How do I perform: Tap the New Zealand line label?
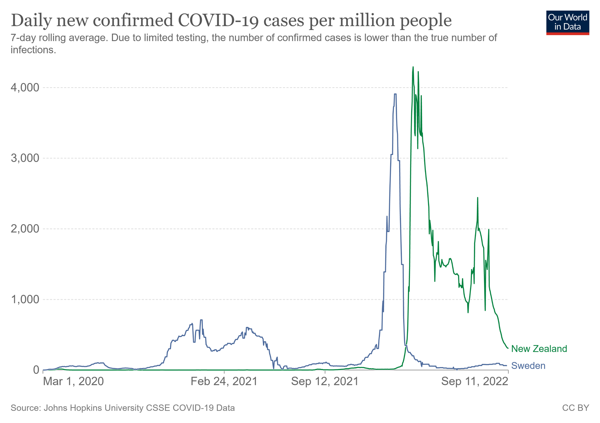(x=539, y=349)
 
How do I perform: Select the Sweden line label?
(x=528, y=366)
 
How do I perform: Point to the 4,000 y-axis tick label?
(x=25, y=87)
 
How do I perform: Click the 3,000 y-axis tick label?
(x=25, y=158)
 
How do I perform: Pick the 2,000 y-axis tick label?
(x=25, y=229)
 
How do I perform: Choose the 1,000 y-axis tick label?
(x=25, y=299)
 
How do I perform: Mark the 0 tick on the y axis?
(x=36, y=370)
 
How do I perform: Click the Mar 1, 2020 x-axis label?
(x=73, y=381)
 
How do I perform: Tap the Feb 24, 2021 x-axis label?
(x=224, y=381)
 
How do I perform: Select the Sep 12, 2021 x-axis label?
(x=325, y=381)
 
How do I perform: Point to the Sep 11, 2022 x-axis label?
(x=474, y=381)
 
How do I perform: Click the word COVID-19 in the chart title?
(x=218, y=20)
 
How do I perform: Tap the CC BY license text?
(x=576, y=408)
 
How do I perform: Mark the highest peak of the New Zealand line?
(x=413, y=67)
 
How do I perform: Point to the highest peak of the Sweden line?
(x=395, y=94)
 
